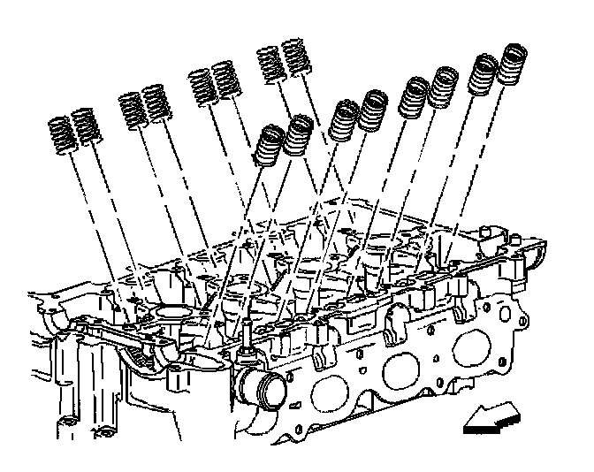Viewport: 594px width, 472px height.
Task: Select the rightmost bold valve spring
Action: (512, 66)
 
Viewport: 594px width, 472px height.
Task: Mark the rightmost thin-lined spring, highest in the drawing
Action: (294, 60)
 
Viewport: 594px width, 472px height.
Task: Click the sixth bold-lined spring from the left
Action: (443, 89)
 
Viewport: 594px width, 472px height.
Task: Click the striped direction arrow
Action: (491, 417)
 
